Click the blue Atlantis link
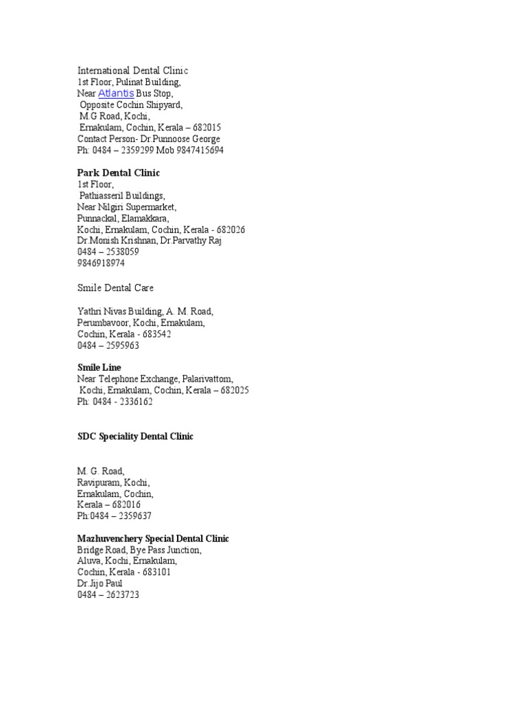(116, 93)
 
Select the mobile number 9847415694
(198, 150)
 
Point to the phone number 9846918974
(101, 263)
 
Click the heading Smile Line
(99, 367)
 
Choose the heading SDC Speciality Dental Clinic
(135, 436)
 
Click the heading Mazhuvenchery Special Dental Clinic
(153, 538)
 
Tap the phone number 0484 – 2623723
(108, 595)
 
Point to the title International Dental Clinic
(132, 71)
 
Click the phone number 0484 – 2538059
(109, 252)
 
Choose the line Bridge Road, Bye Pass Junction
(139, 550)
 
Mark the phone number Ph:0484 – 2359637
(115, 516)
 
